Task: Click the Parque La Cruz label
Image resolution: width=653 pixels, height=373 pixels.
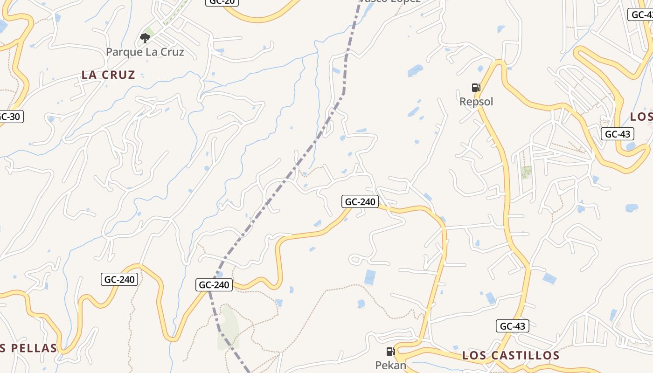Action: click(145, 52)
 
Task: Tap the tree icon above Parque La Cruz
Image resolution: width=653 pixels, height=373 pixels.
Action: click(145, 38)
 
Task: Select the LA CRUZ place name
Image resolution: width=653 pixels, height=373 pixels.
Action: click(108, 75)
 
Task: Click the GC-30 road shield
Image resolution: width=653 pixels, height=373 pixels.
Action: click(9, 117)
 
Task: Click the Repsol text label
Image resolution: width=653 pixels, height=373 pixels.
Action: click(476, 102)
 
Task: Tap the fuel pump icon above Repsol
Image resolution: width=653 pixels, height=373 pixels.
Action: click(476, 87)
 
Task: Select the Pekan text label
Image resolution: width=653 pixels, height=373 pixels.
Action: click(391, 365)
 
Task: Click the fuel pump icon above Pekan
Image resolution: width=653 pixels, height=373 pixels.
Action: click(390, 352)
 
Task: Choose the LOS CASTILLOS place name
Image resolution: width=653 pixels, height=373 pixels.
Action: click(511, 355)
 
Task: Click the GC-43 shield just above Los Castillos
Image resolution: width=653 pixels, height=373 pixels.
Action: click(513, 326)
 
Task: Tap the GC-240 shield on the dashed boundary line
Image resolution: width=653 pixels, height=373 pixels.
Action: click(214, 284)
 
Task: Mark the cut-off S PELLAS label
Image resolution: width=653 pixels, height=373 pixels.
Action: click(28, 348)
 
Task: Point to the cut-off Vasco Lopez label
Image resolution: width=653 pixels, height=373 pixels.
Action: click(389, 1)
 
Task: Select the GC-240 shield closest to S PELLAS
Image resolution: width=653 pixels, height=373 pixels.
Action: click(119, 279)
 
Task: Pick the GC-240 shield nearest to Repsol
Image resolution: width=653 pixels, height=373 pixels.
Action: click(360, 202)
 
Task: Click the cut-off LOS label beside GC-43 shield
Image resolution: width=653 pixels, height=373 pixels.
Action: click(641, 116)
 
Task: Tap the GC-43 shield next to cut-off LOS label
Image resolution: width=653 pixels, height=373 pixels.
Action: click(617, 134)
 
